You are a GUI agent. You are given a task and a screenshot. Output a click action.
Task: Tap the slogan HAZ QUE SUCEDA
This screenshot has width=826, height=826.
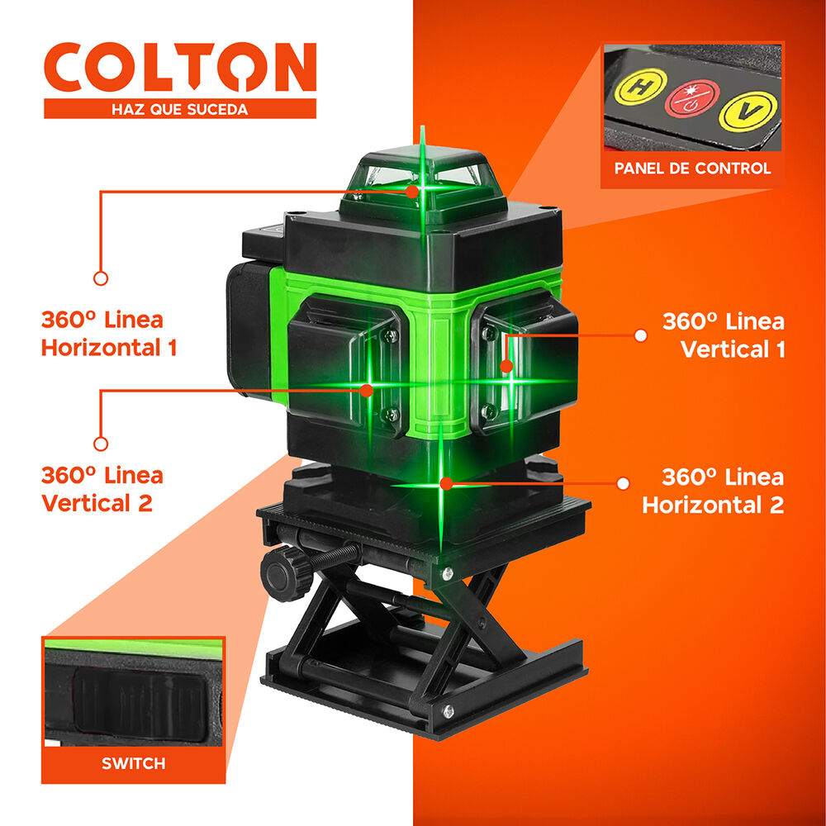179,108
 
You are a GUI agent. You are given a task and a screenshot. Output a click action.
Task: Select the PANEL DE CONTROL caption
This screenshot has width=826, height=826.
692,169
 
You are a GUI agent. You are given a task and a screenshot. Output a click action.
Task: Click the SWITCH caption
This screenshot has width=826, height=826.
133,763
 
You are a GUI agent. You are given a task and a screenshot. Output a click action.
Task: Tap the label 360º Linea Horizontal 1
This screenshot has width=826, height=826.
109,333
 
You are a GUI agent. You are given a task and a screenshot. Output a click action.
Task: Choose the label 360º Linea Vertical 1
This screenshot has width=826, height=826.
724,335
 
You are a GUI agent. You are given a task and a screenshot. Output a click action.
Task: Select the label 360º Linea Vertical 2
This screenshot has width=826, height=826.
102,489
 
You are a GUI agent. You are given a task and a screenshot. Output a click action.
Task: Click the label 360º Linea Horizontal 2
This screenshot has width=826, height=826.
713,491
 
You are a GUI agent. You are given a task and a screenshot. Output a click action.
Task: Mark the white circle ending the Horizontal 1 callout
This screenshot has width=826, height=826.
101,278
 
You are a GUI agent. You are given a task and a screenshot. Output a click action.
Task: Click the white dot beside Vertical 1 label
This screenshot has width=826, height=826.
640,335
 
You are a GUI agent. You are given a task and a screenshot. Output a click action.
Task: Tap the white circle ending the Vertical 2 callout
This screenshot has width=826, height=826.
101,444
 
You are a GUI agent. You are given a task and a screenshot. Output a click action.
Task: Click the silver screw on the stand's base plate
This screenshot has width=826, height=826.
447,712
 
